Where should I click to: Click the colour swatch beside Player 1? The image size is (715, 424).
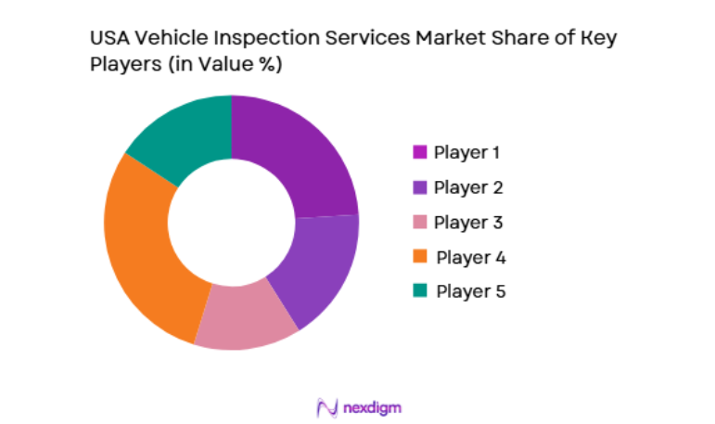[419, 151]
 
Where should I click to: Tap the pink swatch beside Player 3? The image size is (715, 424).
[419, 222]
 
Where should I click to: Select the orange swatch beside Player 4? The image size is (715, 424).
[419, 256]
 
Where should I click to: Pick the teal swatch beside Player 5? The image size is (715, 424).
[419, 290]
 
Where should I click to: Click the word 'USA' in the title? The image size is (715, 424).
[107, 40]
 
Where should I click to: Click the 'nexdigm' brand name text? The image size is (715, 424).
[371, 407]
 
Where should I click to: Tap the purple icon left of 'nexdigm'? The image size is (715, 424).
[325, 407]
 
